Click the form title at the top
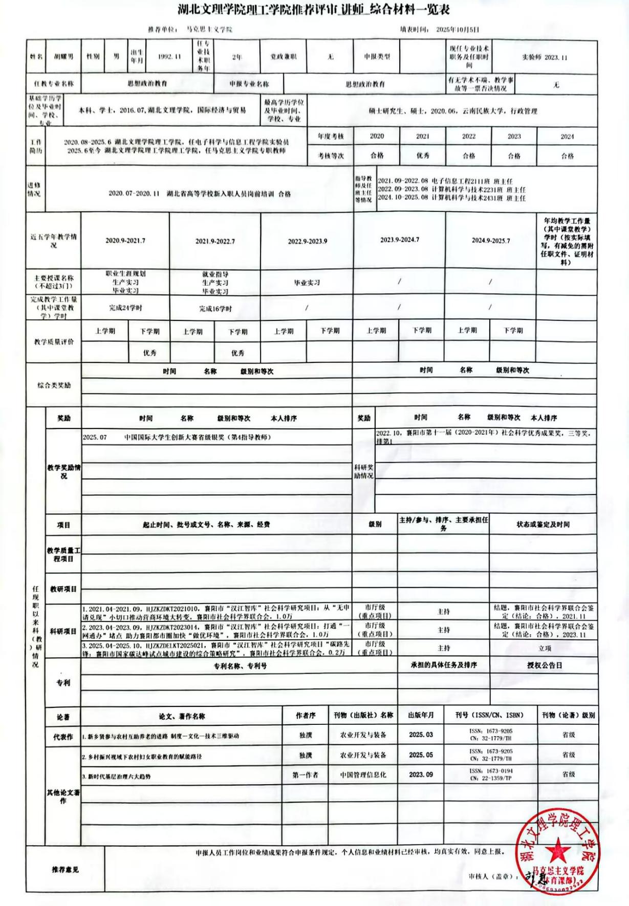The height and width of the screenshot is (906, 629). (x=314, y=10)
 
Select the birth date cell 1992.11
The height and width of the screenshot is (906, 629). (x=169, y=57)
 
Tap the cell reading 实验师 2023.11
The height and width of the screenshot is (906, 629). (x=545, y=57)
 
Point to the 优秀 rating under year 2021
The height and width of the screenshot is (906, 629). (x=423, y=155)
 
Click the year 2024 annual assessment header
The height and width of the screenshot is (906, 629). (x=567, y=137)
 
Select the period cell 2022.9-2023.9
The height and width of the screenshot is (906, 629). (x=307, y=241)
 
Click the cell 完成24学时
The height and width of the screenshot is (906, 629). (x=125, y=308)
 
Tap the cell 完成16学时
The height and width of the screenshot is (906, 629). (x=215, y=309)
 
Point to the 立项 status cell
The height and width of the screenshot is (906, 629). (x=545, y=649)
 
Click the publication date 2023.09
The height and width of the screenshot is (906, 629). (x=421, y=774)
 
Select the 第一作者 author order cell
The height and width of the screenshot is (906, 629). (x=305, y=775)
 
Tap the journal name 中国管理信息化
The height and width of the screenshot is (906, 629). (x=363, y=775)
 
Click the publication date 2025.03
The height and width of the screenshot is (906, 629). (x=421, y=735)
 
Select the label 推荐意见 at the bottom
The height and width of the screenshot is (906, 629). (x=65, y=870)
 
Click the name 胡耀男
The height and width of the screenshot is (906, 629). (x=63, y=57)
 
